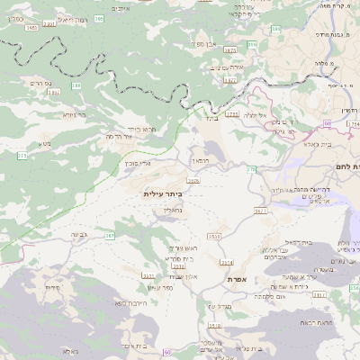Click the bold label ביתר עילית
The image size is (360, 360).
163,193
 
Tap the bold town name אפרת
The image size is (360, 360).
238,280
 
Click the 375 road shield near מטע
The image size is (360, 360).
22,156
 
